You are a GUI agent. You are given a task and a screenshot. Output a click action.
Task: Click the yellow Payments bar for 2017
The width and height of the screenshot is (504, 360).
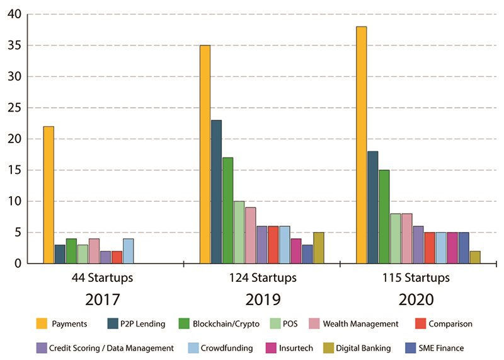pos(49,195)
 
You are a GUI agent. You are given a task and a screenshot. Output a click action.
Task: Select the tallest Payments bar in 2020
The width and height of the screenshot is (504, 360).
pos(361,145)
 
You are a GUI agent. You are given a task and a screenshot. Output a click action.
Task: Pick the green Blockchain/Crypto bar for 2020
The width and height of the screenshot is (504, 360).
pos(384,216)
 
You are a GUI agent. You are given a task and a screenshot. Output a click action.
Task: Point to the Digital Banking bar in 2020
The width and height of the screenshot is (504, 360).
pos(474,257)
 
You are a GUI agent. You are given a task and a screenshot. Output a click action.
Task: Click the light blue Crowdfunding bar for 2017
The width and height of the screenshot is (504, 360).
pos(128,251)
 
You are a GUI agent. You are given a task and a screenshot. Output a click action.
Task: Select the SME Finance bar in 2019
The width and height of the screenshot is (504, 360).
pos(307,254)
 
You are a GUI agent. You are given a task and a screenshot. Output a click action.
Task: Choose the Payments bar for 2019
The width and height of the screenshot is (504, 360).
pos(205,154)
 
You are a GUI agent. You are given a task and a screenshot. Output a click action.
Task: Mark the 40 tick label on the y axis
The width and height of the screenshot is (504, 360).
pos(13,15)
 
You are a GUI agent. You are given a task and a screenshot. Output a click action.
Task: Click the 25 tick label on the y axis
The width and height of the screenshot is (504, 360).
pos(13,108)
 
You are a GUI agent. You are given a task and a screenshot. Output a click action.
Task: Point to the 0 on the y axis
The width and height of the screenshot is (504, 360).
pos(17,264)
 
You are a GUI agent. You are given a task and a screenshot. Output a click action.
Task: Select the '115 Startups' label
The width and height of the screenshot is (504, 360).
pos(418,278)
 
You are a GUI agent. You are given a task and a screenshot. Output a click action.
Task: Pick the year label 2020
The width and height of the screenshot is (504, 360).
pos(418,299)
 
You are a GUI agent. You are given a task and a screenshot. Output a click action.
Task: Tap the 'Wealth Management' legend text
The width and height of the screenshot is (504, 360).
pos(360,324)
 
